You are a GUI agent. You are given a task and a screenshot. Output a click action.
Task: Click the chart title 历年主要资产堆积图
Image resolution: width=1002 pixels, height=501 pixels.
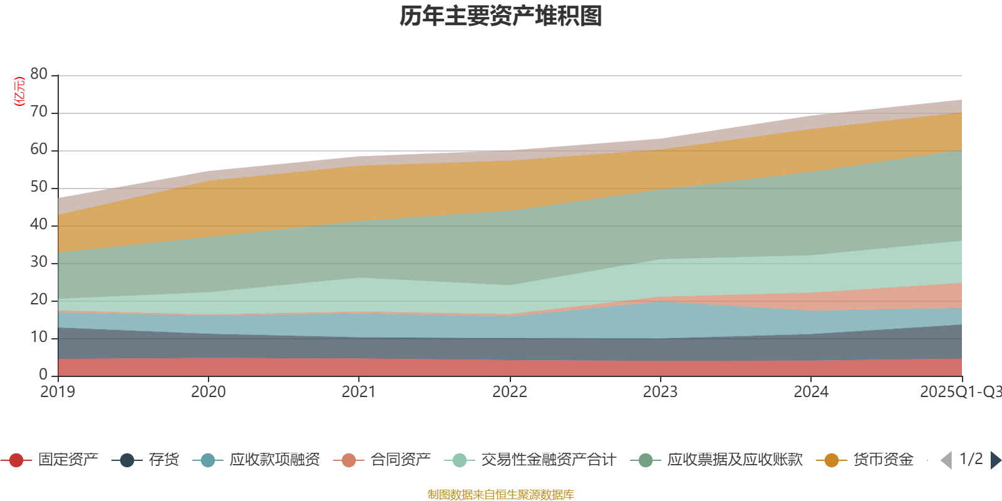coord(501,16)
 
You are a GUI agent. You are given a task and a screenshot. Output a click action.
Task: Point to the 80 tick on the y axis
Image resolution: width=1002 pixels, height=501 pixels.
coord(39,74)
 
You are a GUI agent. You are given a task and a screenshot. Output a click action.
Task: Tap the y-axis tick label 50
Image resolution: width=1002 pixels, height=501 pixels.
coord(39,187)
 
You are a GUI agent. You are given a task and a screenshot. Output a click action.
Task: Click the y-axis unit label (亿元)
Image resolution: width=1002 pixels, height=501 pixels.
coord(19,91)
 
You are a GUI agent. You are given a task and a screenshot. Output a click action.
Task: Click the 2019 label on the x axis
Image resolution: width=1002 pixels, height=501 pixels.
coord(58,392)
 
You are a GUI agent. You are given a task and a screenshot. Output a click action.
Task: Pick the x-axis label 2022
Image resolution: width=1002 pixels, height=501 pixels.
coord(509,392)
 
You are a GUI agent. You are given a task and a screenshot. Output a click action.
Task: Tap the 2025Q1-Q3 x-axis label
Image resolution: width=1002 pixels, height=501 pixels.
coord(960,392)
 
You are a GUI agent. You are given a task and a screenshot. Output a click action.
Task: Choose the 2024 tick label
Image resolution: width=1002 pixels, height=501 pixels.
coord(811,392)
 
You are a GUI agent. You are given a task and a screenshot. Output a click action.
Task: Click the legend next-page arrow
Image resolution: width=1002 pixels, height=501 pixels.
coord(996,460)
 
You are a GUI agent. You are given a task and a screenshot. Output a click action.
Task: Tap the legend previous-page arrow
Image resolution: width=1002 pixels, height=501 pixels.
coord(946,460)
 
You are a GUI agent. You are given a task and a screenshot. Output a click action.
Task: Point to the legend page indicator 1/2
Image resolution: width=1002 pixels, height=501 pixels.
coord(971,459)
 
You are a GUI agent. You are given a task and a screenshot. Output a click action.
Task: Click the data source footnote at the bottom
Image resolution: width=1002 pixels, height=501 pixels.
coord(501,495)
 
